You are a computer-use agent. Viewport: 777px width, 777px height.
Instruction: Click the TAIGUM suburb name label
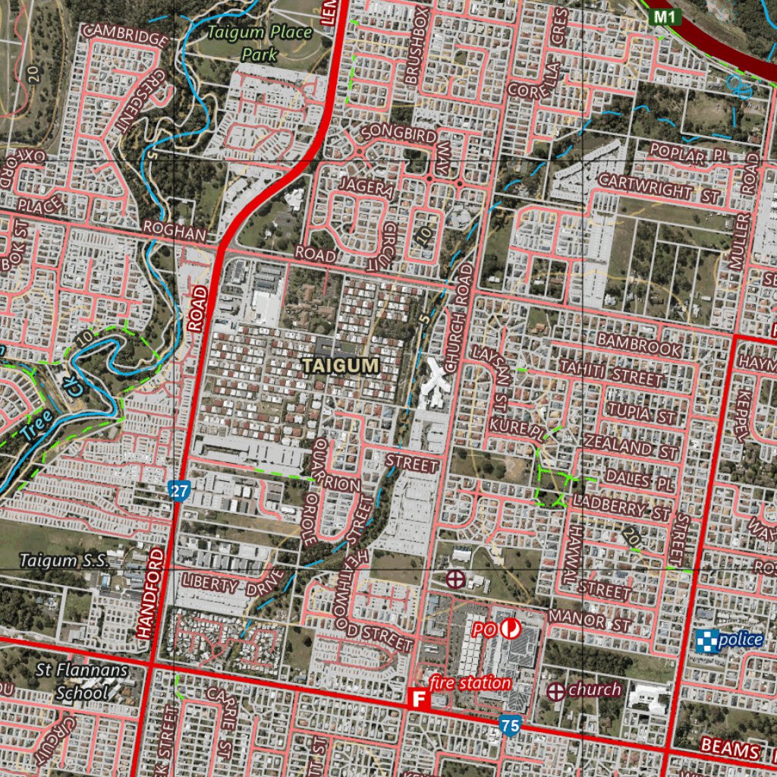click(x=341, y=366)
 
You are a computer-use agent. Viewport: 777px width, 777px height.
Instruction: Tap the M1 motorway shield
click(x=664, y=16)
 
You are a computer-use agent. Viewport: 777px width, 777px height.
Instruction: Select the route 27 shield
click(x=178, y=491)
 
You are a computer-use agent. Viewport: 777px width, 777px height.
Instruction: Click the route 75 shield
click(x=510, y=726)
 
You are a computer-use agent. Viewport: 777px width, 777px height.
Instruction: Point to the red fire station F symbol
click(x=417, y=699)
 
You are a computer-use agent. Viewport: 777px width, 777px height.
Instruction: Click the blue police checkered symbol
click(x=706, y=640)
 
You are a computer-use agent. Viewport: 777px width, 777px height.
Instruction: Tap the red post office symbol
click(x=509, y=628)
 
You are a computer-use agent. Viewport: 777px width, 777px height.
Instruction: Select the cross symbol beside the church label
click(x=556, y=691)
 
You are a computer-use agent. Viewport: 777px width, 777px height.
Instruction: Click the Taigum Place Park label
click(x=260, y=43)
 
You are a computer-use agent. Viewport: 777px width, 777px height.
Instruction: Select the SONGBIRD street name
click(x=398, y=134)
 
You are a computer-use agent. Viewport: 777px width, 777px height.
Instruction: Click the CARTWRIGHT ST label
click(x=659, y=187)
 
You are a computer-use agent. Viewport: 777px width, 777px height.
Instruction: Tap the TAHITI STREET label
click(x=612, y=373)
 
